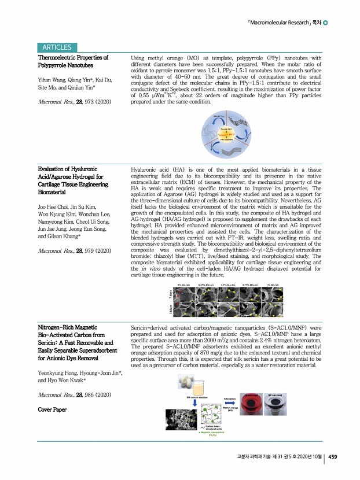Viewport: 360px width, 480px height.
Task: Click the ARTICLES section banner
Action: pyautogui.click(x=57, y=47)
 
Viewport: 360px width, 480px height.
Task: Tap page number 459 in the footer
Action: pyautogui.click(x=333, y=456)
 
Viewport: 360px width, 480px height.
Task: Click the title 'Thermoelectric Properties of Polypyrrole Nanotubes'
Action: pyautogui.click(x=73, y=62)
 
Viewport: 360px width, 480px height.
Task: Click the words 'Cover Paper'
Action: pyautogui.click(x=52, y=409)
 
